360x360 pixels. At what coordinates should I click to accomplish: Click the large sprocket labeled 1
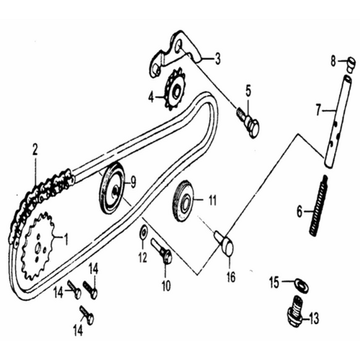pyautogui.click(x=37, y=246)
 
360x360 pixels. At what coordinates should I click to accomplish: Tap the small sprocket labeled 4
pyautogui.click(x=175, y=92)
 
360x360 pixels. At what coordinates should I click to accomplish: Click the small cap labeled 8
pyautogui.click(x=351, y=64)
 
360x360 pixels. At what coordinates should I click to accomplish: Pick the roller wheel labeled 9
pyautogui.click(x=112, y=188)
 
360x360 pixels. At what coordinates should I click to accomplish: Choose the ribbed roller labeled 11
pyautogui.click(x=184, y=201)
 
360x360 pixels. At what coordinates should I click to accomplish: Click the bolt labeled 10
pyautogui.click(x=161, y=251)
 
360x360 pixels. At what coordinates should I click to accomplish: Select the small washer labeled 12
pyautogui.click(x=143, y=232)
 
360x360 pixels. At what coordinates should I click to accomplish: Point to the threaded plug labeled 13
pyautogui.click(x=295, y=312)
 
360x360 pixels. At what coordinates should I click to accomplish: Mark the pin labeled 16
pyautogui.click(x=225, y=243)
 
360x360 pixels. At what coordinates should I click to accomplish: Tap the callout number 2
pyautogui.click(x=35, y=150)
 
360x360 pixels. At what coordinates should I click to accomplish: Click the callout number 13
pyautogui.click(x=314, y=318)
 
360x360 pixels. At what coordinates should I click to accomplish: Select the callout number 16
pyautogui.click(x=231, y=277)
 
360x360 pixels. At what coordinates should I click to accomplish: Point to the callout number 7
pyautogui.click(x=318, y=111)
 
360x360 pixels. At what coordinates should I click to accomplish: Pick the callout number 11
pyautogui.click(x=212, y=200)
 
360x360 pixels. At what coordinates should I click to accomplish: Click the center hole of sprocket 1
pyautogui.click(x=37, y=248)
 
